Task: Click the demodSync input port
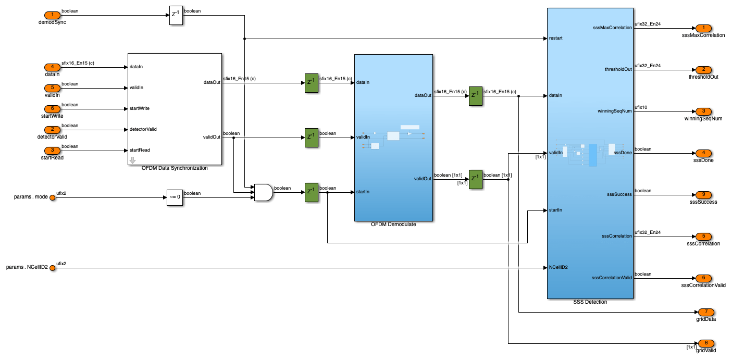coord(52,15)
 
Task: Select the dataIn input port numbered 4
coord(52,67)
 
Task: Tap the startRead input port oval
coord(52,150)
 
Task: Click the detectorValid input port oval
coord(52,129)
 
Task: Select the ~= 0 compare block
coord(175,197)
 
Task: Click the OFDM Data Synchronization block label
coord(175,168)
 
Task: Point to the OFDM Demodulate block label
coord(393,225)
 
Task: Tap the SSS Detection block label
coord(590,302)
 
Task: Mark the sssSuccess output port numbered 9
coord(703,195)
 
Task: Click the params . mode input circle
coord(52,197)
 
